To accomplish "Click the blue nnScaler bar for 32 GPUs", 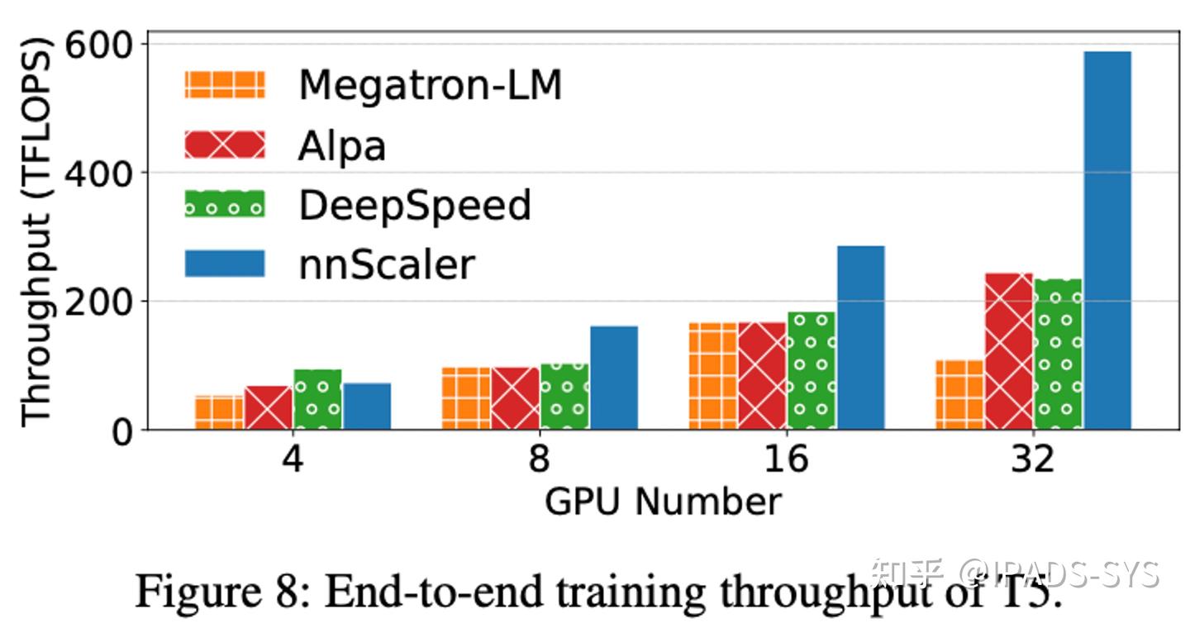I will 1107,240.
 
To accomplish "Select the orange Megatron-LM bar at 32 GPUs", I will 959,395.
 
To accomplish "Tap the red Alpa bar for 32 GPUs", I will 1009,351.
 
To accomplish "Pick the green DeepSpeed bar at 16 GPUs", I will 811,371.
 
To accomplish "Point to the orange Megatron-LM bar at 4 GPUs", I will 219,412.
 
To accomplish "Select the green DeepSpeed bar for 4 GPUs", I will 317,399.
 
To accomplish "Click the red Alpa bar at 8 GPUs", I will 515,398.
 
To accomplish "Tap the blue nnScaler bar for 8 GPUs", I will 614,378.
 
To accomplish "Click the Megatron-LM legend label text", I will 430,84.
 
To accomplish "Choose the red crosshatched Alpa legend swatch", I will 224,145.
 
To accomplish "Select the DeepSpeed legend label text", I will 414,204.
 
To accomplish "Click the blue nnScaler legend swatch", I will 224,264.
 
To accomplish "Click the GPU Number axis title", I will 662,502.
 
